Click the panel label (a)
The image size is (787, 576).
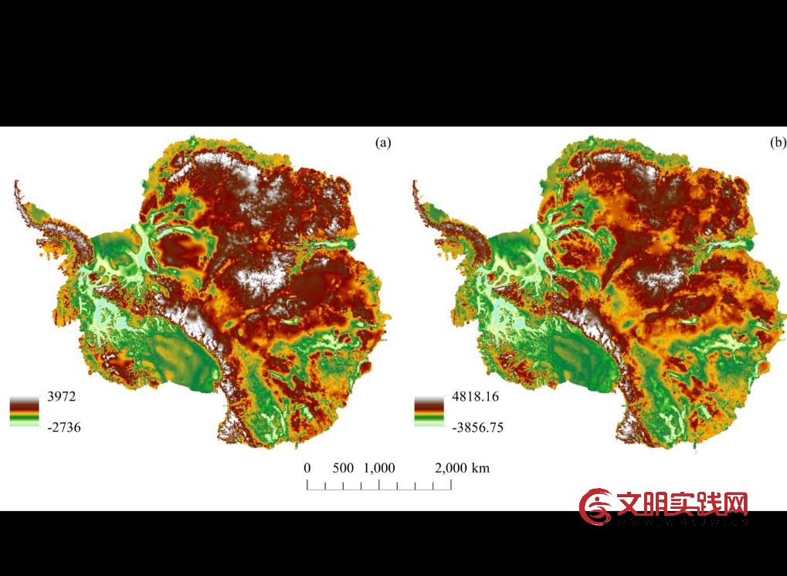(x=383, y=143)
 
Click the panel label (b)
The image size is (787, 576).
(x=778, y=143)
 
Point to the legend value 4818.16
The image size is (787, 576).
(x=477, y=397)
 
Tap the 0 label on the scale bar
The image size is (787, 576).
(x=307, y=468)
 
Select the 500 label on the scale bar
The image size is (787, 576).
(x=344, y=468)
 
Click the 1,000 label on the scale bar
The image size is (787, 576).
(x=379, y=468)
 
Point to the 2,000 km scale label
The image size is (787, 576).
(x=462, y=468)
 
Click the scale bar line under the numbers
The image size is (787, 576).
(x=379, y=486)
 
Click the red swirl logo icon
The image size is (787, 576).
(x=596, y=507)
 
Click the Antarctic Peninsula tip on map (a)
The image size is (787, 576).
(x=16, y=184)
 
